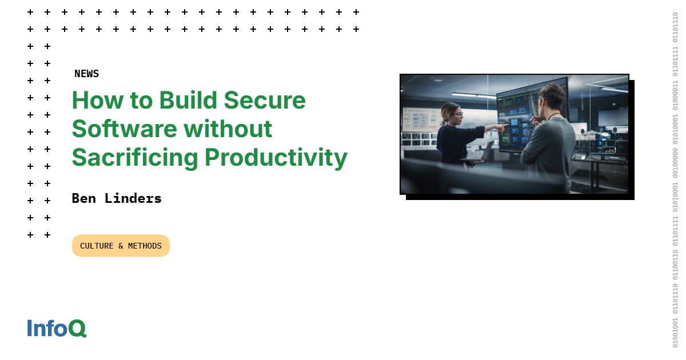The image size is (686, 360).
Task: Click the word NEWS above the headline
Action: point(86,74)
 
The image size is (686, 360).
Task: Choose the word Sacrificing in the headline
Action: point(134,157)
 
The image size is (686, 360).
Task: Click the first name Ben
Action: point(83,198)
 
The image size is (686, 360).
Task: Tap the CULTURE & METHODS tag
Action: point(121,246)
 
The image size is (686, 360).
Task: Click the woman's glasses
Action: point(457,114)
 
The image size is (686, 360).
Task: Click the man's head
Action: point(552,98)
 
